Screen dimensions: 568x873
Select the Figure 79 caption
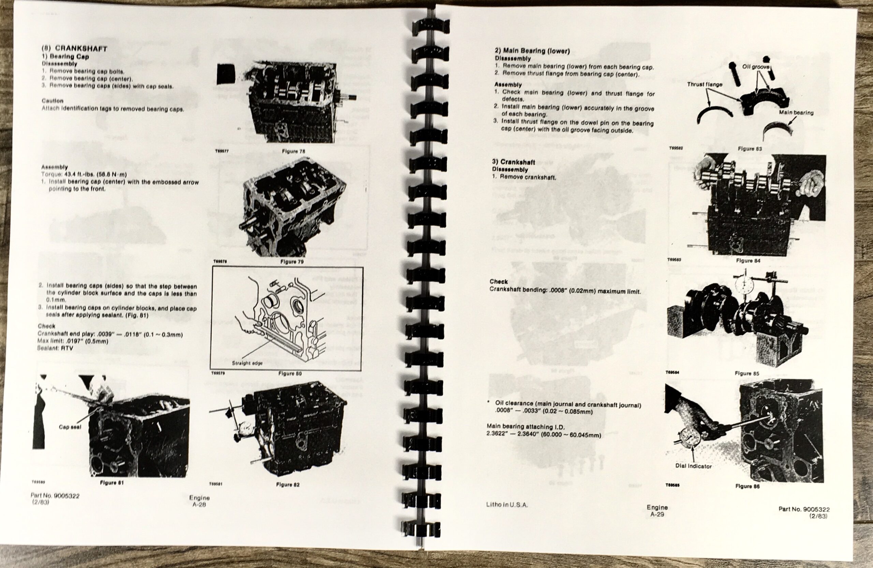tap(292, 262)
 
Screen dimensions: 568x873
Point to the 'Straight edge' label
tap(247, 363)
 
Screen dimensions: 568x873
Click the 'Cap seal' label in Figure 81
tap(70, 427)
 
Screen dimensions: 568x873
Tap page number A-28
tap(199, 505)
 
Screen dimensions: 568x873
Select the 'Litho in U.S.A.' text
tap(507, 505)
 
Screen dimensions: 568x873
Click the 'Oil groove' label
tap(756, 67)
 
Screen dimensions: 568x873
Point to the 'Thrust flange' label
tap(704, 84)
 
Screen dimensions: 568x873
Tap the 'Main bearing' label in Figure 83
tap(796, 113)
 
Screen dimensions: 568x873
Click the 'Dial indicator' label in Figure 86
tap(693, 466)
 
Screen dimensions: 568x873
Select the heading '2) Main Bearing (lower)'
tap(532, 51)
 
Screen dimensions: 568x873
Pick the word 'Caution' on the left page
tap(53, 101)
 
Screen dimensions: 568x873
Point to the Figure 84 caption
tap(748, 261)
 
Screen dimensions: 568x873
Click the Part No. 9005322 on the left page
tap(55, 496)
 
